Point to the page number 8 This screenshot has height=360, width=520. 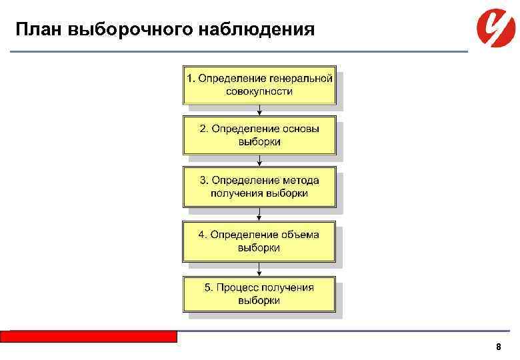click(498, 347)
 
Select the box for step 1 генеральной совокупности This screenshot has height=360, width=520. click(259, 85)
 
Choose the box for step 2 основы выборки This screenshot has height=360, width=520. click(259, 135)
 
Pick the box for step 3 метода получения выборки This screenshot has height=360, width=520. click(259, 187)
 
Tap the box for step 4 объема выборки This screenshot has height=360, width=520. click(259, 241)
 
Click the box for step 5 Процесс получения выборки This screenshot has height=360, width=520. click(259, 294)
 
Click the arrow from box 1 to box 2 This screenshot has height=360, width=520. click(259, 111)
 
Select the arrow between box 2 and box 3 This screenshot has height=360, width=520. click(259, 161)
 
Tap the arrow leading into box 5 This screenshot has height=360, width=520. click(259, 268)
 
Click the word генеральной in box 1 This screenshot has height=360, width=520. click(303, 79)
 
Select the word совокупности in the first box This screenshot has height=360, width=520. click(259, 91)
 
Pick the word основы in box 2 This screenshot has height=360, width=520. click(297, 129)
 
